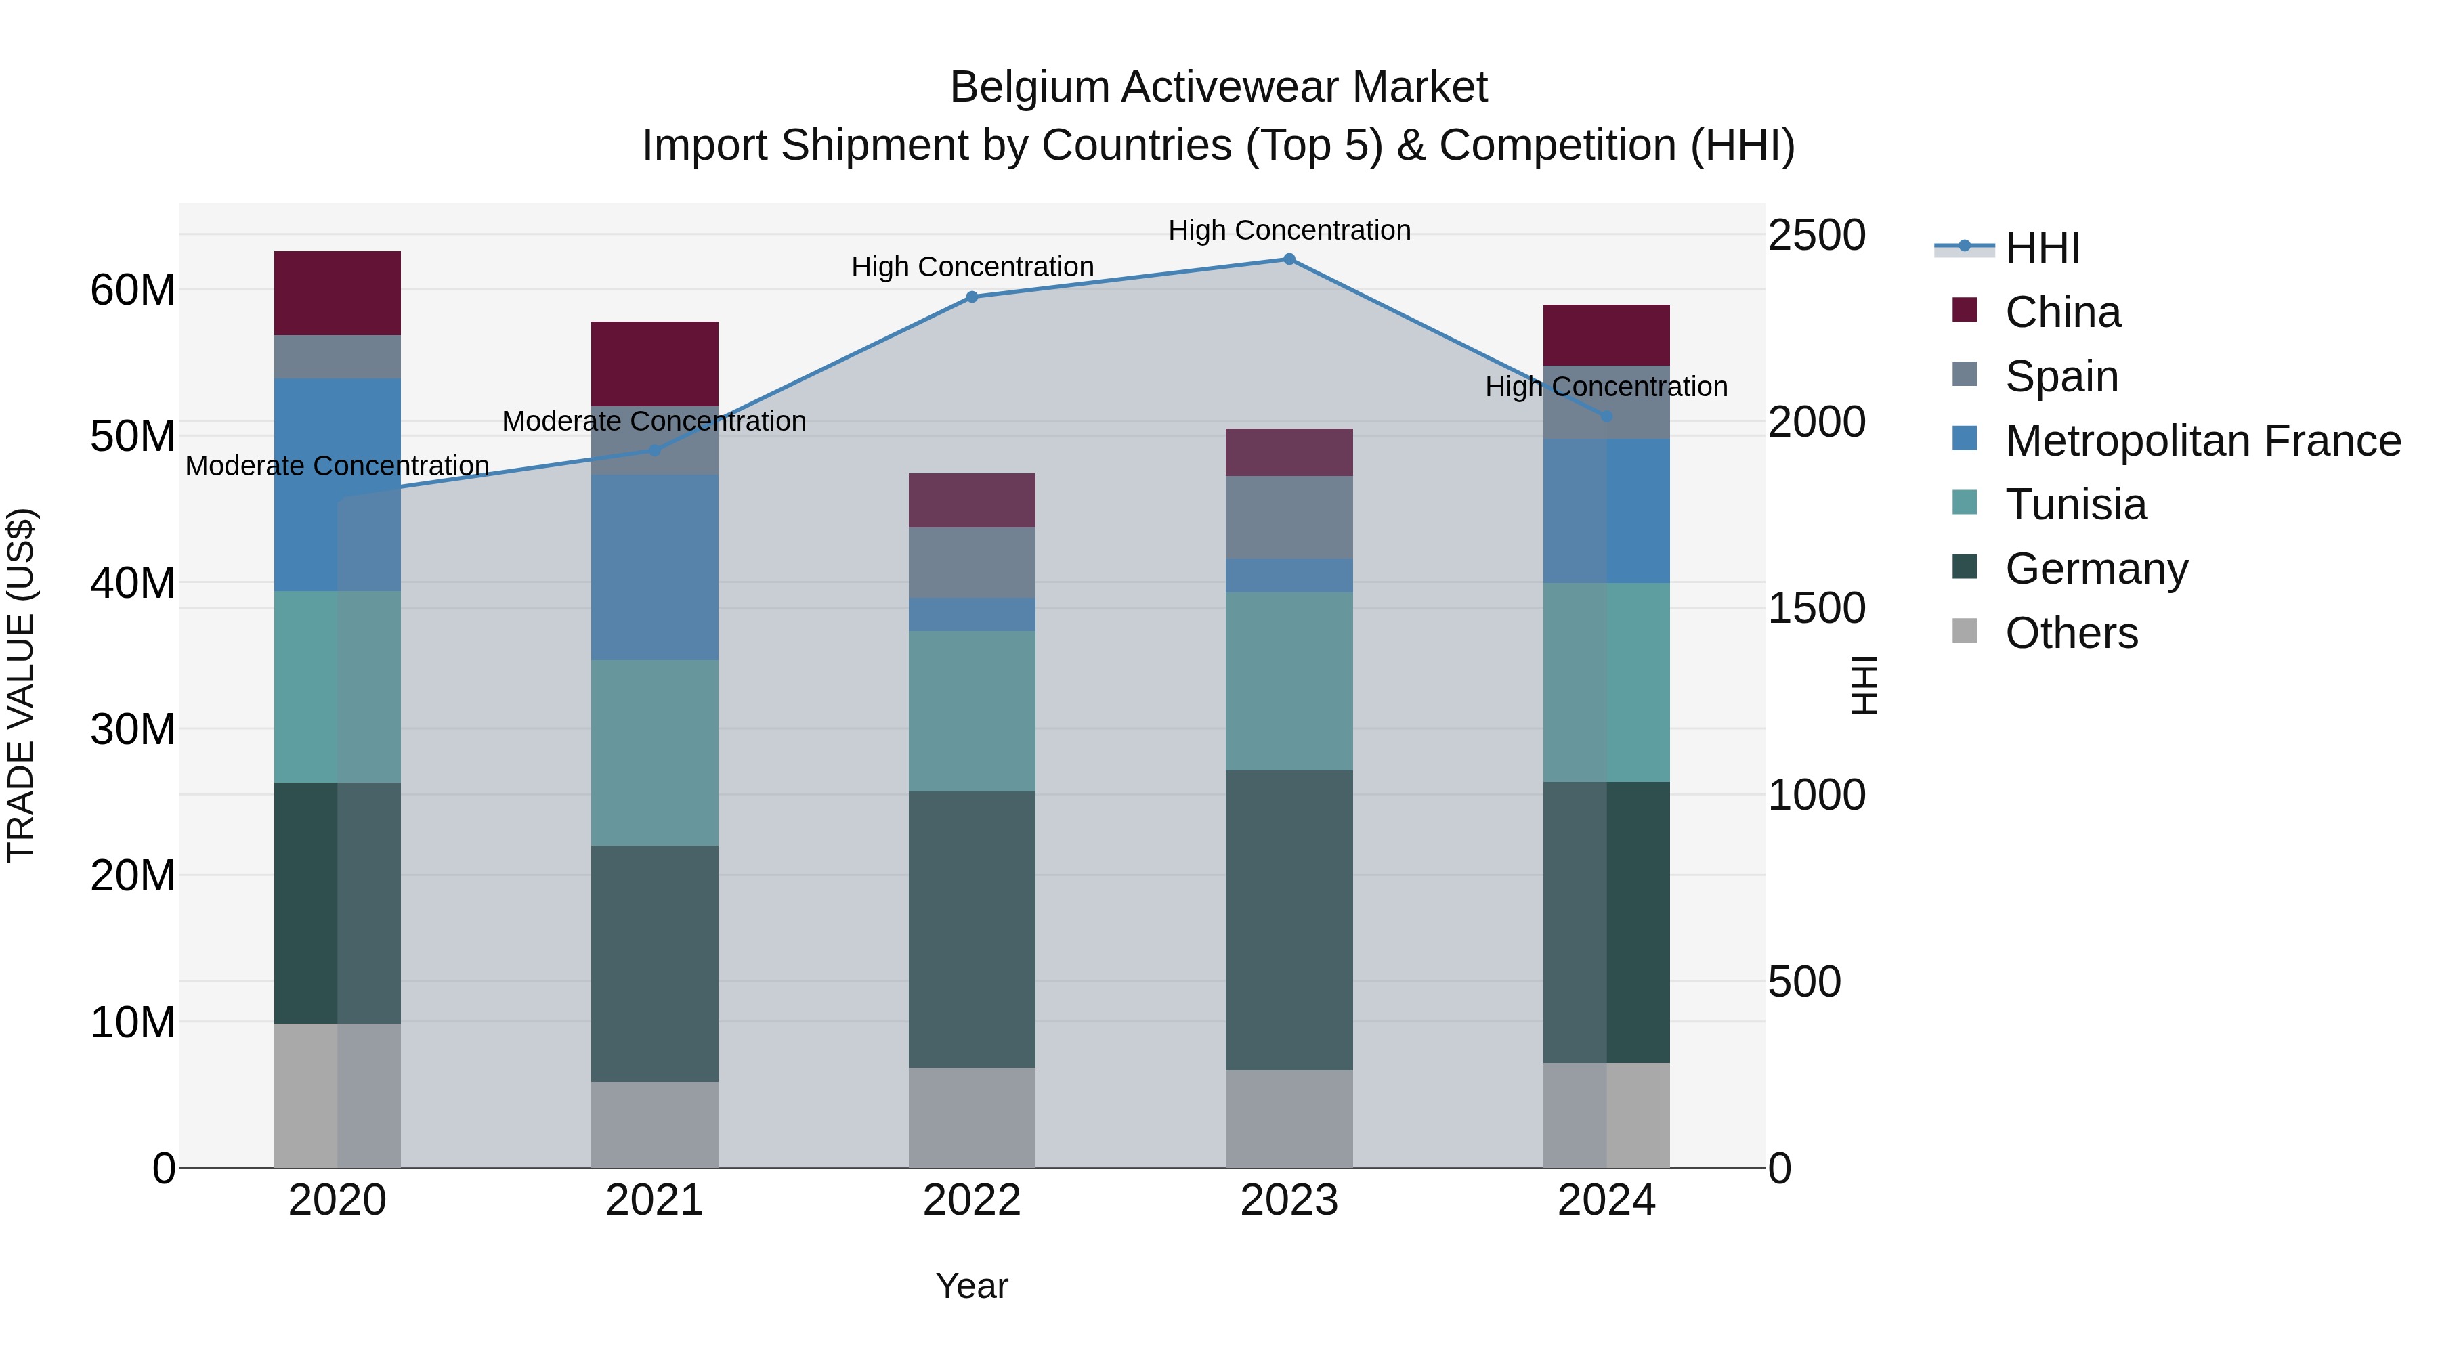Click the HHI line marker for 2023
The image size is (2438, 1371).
coord(1289,259)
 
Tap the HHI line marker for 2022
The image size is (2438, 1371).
coord(972,297)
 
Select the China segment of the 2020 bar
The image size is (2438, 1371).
coord(337,293)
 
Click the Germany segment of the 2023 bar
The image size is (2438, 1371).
coord(1289,919)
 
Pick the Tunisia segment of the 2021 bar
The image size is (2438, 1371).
coord(654,752)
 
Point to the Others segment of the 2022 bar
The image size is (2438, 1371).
coord(972,1117)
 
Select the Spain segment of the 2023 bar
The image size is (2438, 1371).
coord(1289,517)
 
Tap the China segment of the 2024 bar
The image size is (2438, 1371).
coord(1606,335)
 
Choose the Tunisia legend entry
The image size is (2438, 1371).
coord(2076,504)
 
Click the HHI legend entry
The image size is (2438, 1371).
coord(2043,248)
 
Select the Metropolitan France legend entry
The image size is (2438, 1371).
coord(2202,441)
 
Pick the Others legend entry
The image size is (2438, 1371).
coord(2071,633)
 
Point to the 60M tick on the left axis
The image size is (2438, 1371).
coord(133,290)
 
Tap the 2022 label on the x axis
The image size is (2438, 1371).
coord(972,1200)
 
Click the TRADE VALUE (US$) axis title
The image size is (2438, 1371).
coord(21,685)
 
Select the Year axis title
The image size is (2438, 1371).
coord(972,1286)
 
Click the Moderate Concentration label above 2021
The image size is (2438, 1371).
coord(654,421)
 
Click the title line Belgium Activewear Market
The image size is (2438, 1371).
coord(1218,87)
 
